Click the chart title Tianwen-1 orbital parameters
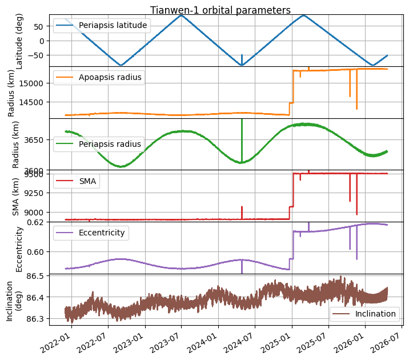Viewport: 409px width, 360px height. [220, 10]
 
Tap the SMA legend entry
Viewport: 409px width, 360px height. [87, 181]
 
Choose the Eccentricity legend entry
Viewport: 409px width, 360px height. [102, 233]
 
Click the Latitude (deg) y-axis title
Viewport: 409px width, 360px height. [20, 41]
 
